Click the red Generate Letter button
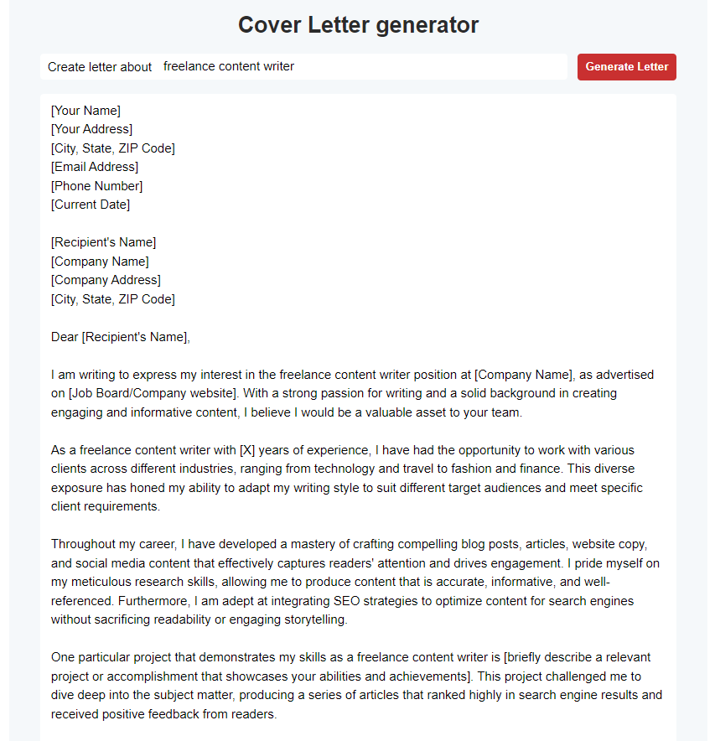(626, 67)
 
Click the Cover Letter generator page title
(358, 25)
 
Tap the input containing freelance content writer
(360, 66)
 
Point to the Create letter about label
(100, 67)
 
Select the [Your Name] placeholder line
(85, 111)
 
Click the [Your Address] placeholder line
(91, 129)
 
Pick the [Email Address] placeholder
(95, 167)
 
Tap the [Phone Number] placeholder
(96, 186)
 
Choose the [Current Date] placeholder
(91, 205)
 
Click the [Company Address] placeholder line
(106, 280)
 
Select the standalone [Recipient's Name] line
(103, 242)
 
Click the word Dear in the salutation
(65, 337)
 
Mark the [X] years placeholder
(247, 450)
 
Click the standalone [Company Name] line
(100, 262)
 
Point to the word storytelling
(311, 619)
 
